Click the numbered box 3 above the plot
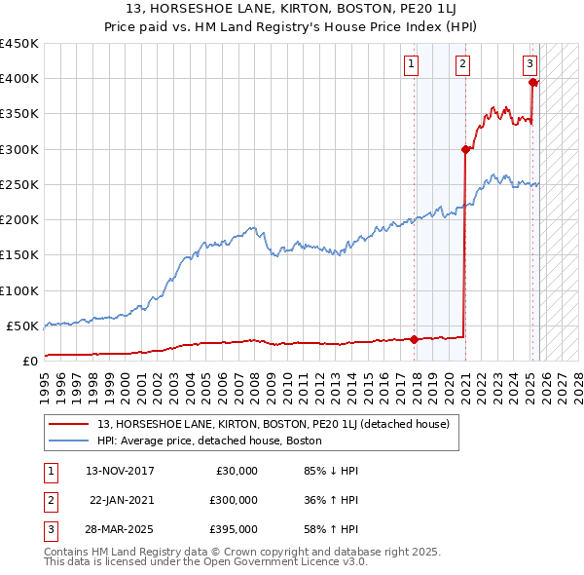529,64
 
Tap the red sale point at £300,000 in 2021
465,149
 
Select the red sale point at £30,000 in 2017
415,339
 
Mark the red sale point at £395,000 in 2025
533,82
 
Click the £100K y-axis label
19,290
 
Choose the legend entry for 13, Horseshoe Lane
273,424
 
